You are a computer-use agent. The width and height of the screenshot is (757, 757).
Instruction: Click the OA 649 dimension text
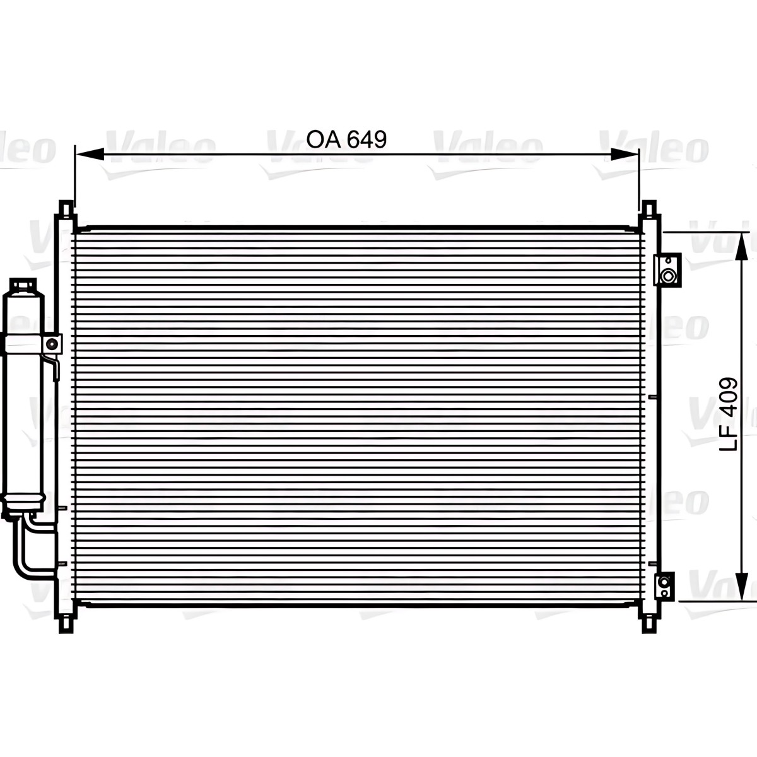pos(346,139)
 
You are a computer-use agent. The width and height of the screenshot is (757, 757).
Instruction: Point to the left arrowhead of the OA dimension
pos(90,155)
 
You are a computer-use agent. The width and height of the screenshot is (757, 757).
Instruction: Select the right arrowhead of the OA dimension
pos(625,155)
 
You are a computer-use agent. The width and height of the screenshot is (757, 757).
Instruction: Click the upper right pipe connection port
pos(667,269)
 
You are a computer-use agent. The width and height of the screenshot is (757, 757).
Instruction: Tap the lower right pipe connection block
pos(664,585)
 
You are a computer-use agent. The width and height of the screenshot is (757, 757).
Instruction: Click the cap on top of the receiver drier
pos(23,285)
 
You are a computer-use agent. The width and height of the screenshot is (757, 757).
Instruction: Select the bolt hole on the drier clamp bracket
pos(52,344)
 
